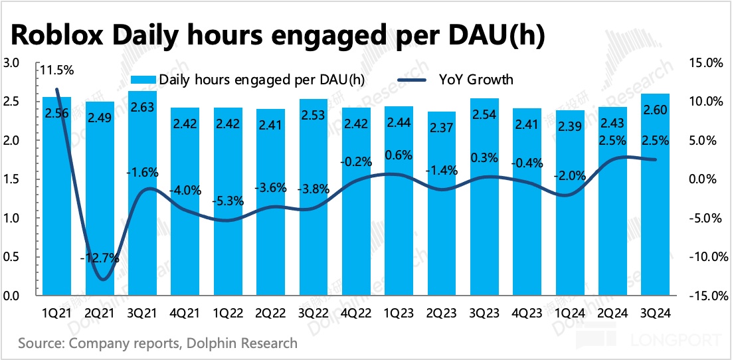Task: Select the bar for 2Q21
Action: (x=100, y=199)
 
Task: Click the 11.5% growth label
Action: (x=56, y=70)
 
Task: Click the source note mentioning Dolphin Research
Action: (x=158, y=343)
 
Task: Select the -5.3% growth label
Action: (x=228, y=201)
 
